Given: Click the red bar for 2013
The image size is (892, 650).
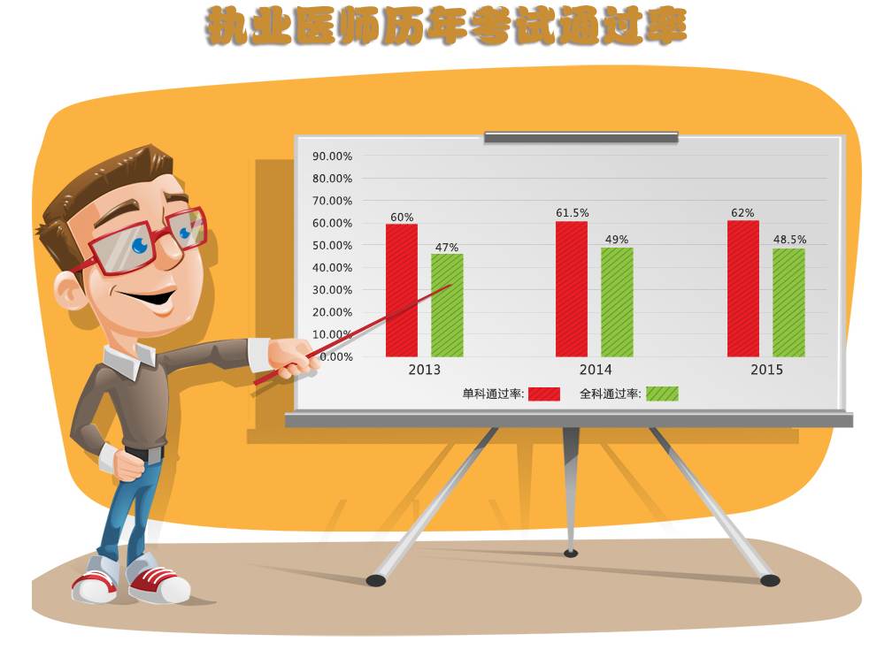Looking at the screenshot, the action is pos(402,291).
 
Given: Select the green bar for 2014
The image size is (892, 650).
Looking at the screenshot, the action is pos(618,302).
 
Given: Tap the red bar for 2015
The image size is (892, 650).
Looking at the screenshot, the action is pos(743,289).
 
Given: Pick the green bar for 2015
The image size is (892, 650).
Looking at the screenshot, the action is pos(788,303).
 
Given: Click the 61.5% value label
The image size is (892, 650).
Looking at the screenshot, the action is pos(573,212).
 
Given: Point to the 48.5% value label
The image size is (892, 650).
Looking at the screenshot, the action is pos(789,240).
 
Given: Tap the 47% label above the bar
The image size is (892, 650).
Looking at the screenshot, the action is pos(447,248).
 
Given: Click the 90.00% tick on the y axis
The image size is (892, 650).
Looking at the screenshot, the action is pos(332,157).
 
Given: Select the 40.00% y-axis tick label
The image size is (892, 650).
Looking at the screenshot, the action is pos(332,268).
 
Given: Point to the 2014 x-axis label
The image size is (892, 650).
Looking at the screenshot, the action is pos(596,370).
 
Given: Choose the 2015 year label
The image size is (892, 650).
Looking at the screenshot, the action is pos(767,370).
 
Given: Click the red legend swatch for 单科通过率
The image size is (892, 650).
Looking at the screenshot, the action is pos(544,394).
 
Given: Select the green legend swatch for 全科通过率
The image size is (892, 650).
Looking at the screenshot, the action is pos(662,394).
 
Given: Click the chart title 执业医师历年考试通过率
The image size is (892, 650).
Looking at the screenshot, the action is pos(446,27).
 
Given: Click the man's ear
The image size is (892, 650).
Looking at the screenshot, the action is pos(69,291).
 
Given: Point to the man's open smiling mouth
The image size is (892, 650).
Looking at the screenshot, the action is pos(148,300).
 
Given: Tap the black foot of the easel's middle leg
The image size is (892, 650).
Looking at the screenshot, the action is pos(571,553).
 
